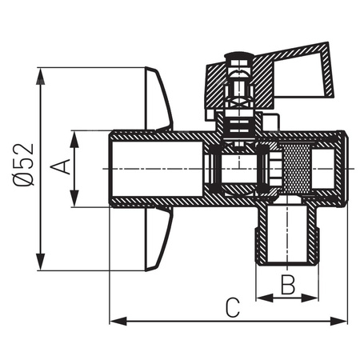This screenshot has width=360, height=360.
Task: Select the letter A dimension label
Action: pos(58,167)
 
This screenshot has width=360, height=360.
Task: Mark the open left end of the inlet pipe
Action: pos(112,169)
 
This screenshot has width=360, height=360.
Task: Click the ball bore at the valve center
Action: pos(233,170)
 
